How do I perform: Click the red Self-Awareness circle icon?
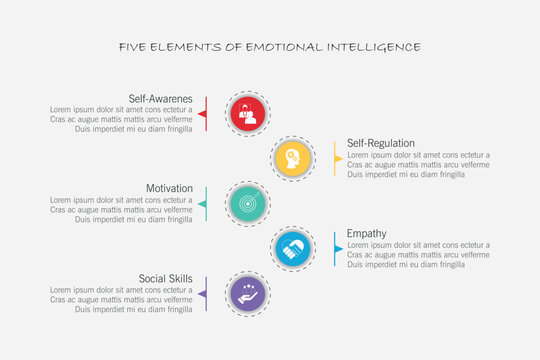(x=247, y=114)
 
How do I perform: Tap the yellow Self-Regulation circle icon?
(x=292, y=158)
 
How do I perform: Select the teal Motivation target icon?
(x=247, y=203)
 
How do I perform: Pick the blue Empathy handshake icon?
(x=292, y=248)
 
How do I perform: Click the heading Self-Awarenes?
(x=160, y=99)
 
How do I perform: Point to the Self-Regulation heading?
(x=380, y=143)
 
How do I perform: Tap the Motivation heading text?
(x=169, y=189)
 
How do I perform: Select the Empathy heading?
(x=366, y=234)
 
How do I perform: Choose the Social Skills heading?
(x=166, y=279)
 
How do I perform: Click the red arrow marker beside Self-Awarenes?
(x=203, y=114)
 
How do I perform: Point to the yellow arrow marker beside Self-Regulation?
(x=337, y=158)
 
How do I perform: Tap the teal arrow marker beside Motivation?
(x=203, y=203)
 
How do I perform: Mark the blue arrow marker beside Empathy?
(x=337, y=248)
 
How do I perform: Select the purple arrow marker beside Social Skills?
(x=203, y=293)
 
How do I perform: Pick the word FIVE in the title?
(x=133, y=47)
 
